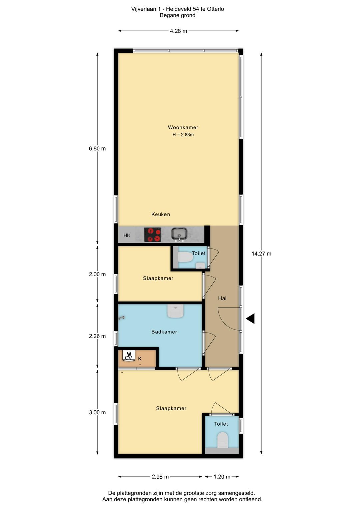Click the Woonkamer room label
click(183, 127)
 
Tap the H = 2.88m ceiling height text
click(183, 135)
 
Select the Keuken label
click(161, 214)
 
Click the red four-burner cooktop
click(152, 235)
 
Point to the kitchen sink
click(179, 234)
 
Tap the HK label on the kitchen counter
click(127, 235)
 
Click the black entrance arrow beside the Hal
click(250, 318)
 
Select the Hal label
click(222, 298)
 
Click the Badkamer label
click(164, 332)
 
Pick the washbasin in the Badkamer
click(175, 311)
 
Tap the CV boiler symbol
click(129, 355)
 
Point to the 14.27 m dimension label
click(261, 254)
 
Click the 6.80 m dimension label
click(97, 149)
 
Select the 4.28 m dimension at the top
click(178, 31)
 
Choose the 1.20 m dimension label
click(222, 477)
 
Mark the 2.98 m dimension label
click(160, 477)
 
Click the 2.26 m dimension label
click(97, 336)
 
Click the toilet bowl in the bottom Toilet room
click(222, 440)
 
